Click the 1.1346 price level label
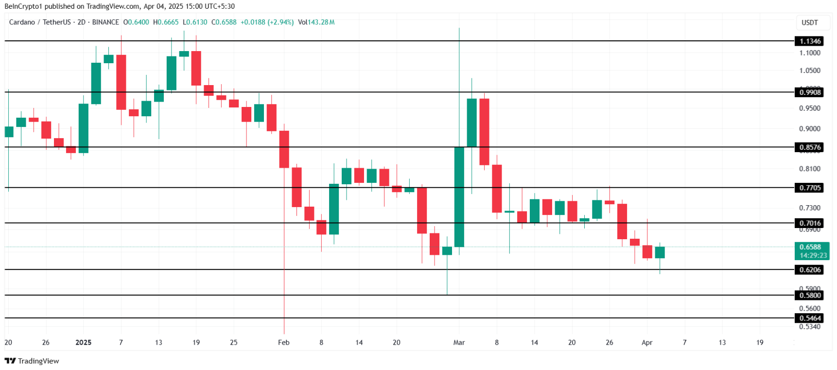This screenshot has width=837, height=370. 810,41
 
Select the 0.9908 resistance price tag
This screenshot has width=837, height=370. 810,92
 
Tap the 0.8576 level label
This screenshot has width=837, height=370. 810,147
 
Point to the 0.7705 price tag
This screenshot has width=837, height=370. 810,188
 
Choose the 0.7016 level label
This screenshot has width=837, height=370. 810,223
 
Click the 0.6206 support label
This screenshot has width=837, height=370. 810,270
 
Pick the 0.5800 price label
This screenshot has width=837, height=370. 810,295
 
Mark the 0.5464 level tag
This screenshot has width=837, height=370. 810,318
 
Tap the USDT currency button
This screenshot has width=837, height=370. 810,22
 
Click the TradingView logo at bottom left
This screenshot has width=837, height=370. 32,361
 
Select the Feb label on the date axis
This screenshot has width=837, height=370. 284,342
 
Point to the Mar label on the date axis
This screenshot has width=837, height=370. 459,342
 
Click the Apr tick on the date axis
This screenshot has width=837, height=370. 647,342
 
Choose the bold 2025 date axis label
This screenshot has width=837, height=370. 84,342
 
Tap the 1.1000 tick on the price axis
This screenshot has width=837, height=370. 810,53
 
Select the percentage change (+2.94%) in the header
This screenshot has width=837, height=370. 280,22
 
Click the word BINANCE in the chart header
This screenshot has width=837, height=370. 105,22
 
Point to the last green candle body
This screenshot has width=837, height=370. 660,252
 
